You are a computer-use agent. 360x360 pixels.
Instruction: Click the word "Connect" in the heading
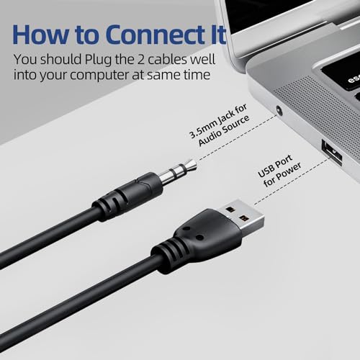coord(153,35)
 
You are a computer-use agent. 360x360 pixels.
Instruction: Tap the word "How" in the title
coord(40,35)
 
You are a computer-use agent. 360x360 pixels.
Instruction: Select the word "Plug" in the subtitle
coord(99,60)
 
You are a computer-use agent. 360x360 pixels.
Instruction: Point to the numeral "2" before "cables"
coord(140,60)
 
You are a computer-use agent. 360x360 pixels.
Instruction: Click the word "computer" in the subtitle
coord(99,76)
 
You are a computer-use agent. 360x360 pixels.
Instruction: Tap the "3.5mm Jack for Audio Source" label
coord(220,125)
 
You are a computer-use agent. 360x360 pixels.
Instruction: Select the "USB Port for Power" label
coord(279,171)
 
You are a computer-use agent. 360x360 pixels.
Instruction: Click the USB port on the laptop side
coord(332,153)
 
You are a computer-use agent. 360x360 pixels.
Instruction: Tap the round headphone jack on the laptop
coord(279,110)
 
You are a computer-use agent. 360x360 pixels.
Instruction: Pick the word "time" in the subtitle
coord(197,75)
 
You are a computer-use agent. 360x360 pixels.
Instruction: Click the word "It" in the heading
coord(217,35)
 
